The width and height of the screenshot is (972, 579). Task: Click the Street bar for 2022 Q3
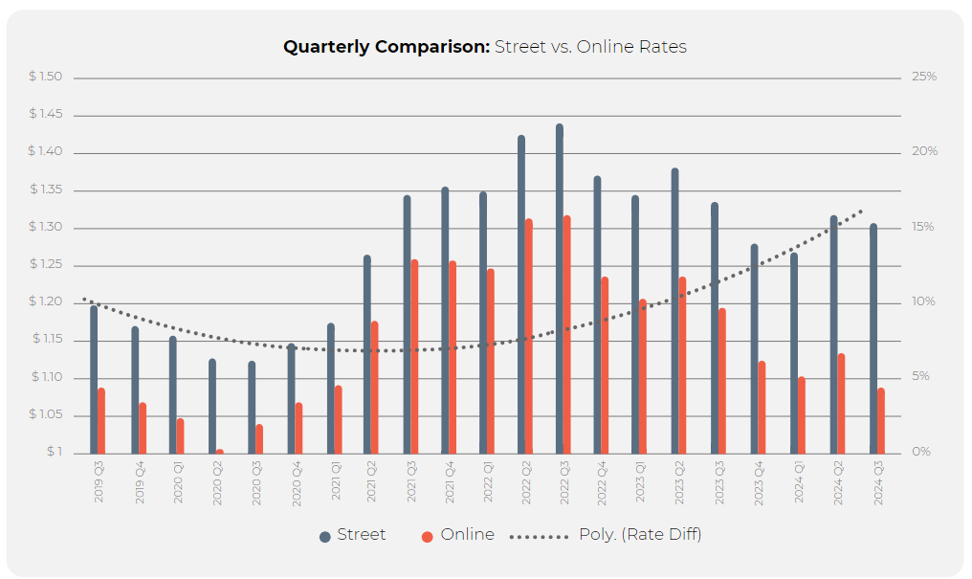[x=560, y=287]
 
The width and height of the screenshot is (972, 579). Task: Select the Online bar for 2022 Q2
[x=528, y=335]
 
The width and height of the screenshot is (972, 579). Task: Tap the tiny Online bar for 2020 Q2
[x=219, y=451]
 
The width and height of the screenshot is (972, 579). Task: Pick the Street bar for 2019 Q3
[x=94, y=378]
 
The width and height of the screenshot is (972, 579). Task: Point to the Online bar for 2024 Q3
[x=880, y=420]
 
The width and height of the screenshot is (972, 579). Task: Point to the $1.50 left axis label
[x=45, y=77]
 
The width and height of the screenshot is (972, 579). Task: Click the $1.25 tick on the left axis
[x=45, y=264]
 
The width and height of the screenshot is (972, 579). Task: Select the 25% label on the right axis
[x=923, y=77]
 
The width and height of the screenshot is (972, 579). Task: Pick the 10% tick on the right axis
[x=923, y=302]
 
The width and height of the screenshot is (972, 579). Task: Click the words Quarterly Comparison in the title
[x=386, y=47]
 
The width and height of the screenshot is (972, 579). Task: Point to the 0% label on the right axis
[x=920, y=452]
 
